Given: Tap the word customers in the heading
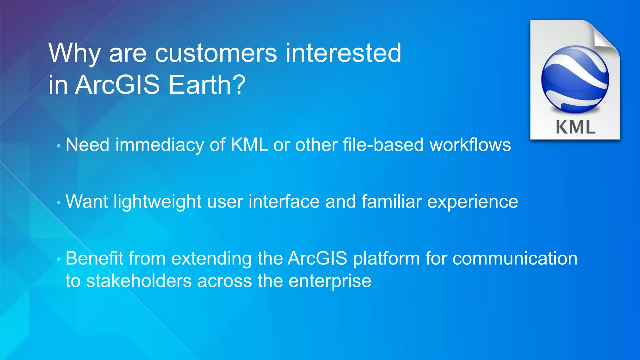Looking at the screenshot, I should pyautogui.click(x=216, y=53).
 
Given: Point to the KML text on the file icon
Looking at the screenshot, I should pyautogui.click(x=575, y=127).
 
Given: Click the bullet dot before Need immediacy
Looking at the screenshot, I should pyautogui.click(x=58, y=146).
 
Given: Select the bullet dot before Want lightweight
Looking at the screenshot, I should pyautogui.click(x=58, y=203).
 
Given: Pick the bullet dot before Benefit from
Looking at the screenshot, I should pyautogui.click(x=58, y=259).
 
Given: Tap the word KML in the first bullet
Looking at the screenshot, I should pyautogui.click(x=249, y=145).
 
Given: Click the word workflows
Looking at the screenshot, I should pyautogui.click(x=470, y=145).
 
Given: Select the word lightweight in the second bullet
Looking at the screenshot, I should pyautogui.click(x=157, y=202).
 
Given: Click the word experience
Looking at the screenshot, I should pyautogui.click(x=472, y=202).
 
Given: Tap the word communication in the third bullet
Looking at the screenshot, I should pyautogui.click(x=515, y=258).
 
